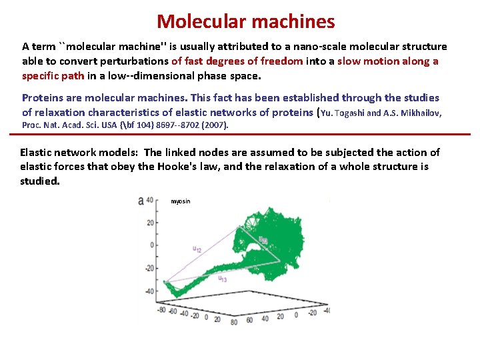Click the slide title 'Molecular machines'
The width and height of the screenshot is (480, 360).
click(245, 21)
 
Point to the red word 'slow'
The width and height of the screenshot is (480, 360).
click(351, 61)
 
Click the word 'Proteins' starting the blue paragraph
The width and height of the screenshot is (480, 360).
click(42, 98)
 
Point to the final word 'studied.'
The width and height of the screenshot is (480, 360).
click(40, 181)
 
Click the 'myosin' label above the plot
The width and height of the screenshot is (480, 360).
click(180, 201)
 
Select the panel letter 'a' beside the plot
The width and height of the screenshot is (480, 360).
click(141, 200)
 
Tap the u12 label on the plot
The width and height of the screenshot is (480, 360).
click(198, 249)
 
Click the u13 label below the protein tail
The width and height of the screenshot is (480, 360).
click(223, 279)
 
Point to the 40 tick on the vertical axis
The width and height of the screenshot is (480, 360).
click(150, 200)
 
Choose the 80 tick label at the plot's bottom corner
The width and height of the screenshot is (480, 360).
click(234, 322)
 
